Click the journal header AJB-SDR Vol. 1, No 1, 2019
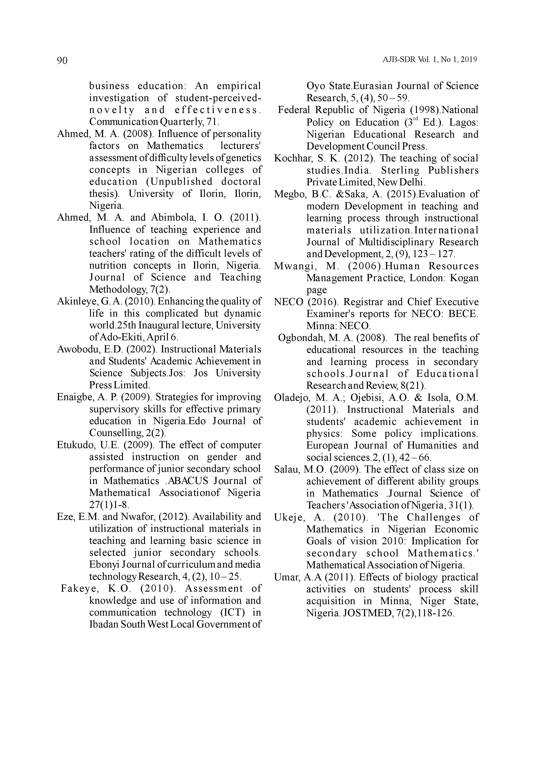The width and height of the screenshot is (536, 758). pyautogui.click(x=430, y=60)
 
